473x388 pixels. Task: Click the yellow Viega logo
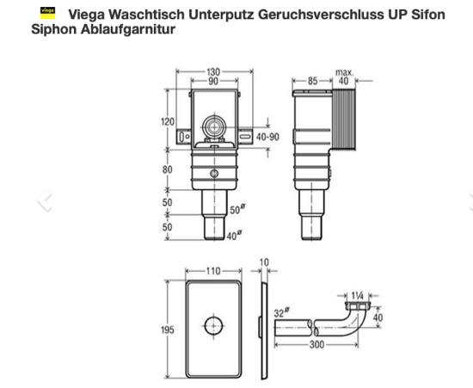coord(47,13)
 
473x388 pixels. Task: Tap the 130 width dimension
coord(213,72)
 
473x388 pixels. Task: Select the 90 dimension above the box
coord(213,81)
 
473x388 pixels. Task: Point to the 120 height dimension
coord(168,121)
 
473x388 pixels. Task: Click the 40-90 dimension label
coord(267,137)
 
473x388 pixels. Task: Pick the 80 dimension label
coord(168,169)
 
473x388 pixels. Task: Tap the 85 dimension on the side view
coord(312,81)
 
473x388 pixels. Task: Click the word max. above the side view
coord(345,72)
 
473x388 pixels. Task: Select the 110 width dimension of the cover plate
coord(213,271)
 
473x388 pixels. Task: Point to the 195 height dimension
coord(168,329)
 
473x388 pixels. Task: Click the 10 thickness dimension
coord(264,262)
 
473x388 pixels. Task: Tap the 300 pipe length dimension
coord(316,344)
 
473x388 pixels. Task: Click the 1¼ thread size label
coord(358,296)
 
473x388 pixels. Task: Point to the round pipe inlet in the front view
coord(214,127)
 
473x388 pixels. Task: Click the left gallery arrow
coord(45,200)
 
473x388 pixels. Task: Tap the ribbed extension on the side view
coord(344,120)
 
